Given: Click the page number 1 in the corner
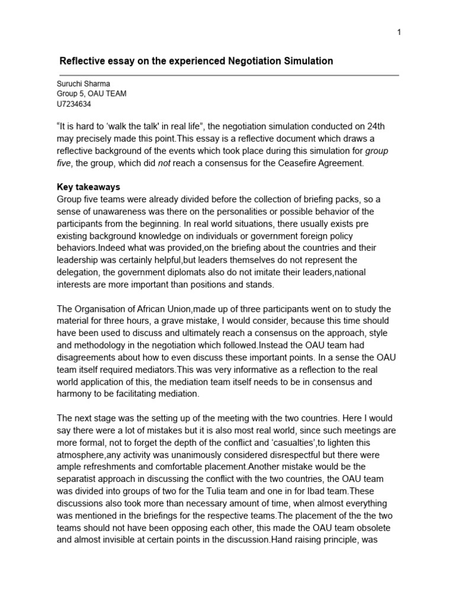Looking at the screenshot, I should [x=399, y=32].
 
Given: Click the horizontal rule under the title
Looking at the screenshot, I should [x=227, y=75].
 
